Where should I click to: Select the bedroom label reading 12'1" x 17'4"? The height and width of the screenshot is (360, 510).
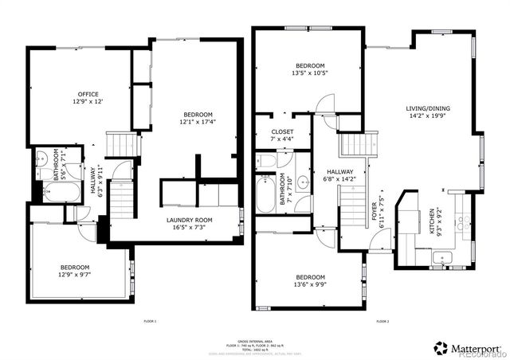195,119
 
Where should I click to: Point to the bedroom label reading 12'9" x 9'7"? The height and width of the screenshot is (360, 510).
76,271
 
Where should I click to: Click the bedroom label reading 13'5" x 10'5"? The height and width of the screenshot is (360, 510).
310,69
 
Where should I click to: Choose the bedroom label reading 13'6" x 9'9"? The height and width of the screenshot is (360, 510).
310,280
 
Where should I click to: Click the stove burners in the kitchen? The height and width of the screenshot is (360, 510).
463,220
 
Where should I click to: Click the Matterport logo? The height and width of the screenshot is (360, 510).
466,348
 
